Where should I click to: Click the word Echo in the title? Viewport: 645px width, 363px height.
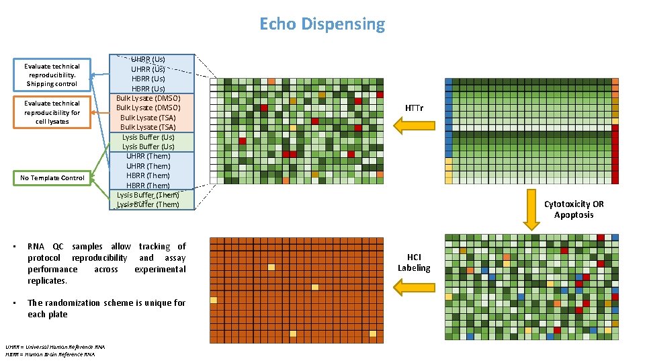pyautogui.click(x=278, y=25)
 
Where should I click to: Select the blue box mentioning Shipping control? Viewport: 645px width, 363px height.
pyautogui.click(x=52, y=75)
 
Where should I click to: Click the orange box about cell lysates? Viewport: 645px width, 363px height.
pyautogui.click(x=52, y=112)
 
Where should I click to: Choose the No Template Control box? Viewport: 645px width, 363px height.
pyautogui.click(x=52, y=178)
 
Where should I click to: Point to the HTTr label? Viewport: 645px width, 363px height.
pyautogui.click(x=415, y=108)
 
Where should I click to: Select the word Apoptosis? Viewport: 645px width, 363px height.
pyautogui.click(x=574, y=214)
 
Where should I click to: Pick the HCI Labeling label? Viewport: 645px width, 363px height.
pyautogui.click(x=414, y=262)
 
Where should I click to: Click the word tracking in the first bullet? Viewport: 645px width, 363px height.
pyautogui.click(x=153, y=247)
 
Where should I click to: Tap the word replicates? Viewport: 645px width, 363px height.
pyautogui.click(x=47, y=281)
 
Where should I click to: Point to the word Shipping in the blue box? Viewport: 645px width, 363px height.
pyautogui.click(x=40, y=84)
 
